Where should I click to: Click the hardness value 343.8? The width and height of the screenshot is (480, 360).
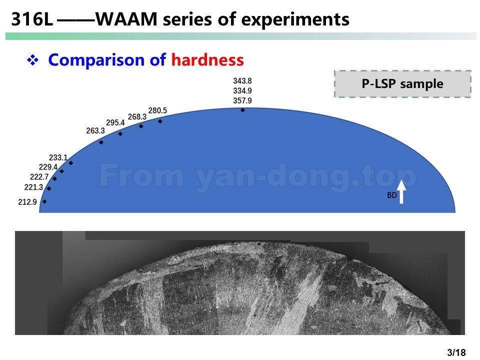coord(242,81)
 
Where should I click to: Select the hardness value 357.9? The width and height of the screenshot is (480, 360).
coord(242,100)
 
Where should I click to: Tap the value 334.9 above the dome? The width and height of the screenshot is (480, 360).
coord(242,90)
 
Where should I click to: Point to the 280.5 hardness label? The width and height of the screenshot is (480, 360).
coord(157,110)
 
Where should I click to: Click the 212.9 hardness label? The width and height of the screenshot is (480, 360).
coord(27,202)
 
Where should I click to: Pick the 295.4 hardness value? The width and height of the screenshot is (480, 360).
coord(115,123)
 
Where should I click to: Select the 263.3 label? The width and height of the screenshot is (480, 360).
coord(95,130)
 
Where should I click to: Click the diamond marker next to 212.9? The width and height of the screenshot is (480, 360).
coord(44,201)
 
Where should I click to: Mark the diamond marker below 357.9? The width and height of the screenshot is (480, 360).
coord(242,110)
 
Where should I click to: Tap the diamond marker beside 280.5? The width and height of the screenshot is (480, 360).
coord(160,121)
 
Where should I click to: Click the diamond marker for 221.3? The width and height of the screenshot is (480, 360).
coord(49,188)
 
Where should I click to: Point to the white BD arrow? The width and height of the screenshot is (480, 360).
coord(401,192)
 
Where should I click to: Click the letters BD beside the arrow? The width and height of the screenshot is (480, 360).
coord(392,195)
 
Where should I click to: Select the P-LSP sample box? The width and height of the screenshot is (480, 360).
coord(402,84)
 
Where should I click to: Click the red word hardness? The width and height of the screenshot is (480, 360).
coord(207,59)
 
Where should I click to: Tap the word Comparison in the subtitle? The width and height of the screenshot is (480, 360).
coord(96,60)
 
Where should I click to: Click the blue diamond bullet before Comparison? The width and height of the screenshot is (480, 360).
coord(33,59)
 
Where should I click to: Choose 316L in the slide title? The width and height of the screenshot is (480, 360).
coord(32,19)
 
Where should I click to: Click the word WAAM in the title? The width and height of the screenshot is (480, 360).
coord(126,19)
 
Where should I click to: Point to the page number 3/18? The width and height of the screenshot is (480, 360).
coord(456,352)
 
